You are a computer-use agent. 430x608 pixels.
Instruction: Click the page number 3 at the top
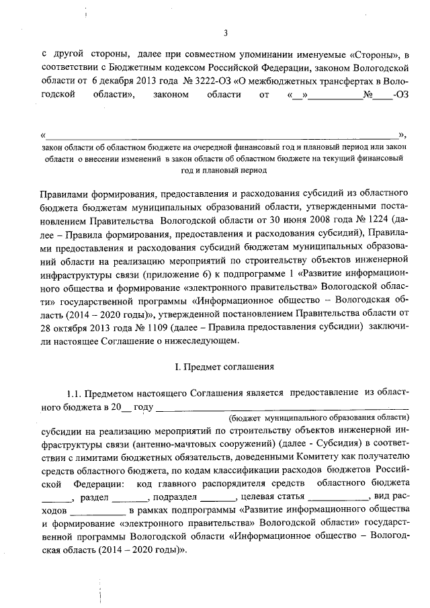[x=226, y=33]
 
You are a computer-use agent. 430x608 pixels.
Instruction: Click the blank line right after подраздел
[x=218, y=498]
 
